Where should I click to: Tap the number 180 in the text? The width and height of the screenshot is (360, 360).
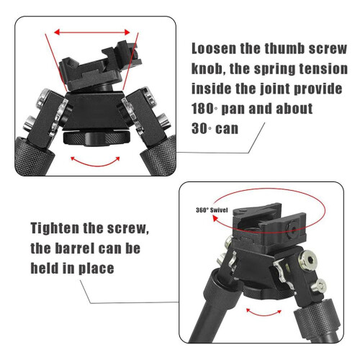point(203,109)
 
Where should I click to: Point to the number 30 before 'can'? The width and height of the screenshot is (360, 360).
point(199,129)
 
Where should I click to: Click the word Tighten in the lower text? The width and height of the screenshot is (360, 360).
point(55,228)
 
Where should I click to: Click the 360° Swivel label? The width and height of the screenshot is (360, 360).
point(212,210)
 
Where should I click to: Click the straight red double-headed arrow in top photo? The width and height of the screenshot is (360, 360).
point(92,32)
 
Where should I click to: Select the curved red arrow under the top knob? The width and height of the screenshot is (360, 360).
point(95,165)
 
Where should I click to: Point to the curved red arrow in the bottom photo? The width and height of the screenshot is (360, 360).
point(264,314)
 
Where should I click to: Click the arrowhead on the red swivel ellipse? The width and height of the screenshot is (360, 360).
point(215,219)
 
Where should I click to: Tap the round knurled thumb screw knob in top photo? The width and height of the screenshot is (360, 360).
point(97,138)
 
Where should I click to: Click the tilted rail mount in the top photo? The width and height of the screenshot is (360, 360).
point(100,67)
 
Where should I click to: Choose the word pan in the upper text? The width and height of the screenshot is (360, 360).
point(233,109)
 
